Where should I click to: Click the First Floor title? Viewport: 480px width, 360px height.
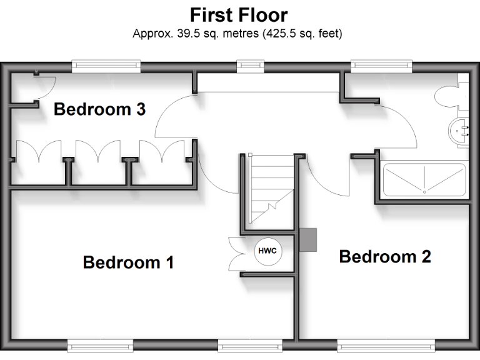pyautogui.click(x=239, y=14)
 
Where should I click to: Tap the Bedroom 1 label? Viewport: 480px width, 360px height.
pyautogui.click(x=128, y=262)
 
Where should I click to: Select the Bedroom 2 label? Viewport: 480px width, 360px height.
pyautogui.click(x=385, y=256)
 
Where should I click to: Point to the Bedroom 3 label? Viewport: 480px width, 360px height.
pyautogui.click(x=99, y=109)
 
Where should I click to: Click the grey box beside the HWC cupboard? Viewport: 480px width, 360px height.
pyautogui.click(x=308, y=239)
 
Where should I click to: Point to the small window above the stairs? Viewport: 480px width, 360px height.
pyautogui.click(x=247, y=64)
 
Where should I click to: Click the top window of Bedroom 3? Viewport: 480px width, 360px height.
pyautogui.click(x=105, y=64)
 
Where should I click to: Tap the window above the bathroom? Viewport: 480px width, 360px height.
pyautogui.click(x=381, y=64)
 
